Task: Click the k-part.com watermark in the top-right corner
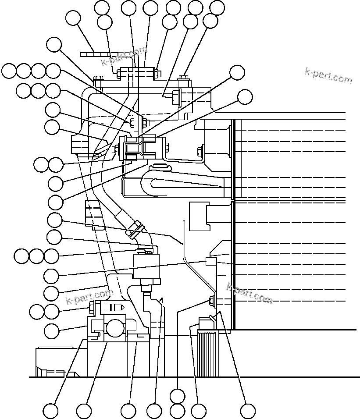[328, 76]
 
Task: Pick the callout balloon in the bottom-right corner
[248, 411]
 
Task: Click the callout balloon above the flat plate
[73, 18]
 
